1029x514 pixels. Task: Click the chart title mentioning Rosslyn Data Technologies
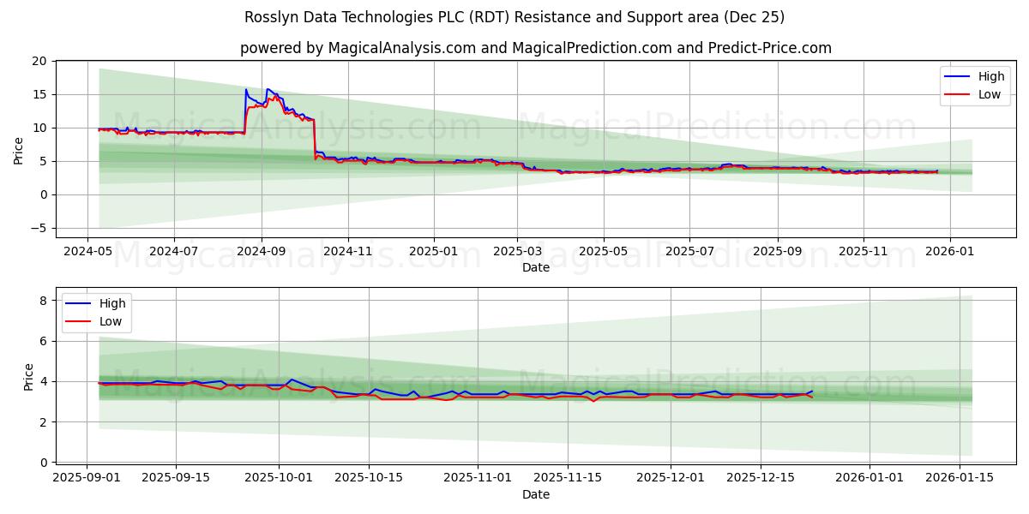coord(514,17)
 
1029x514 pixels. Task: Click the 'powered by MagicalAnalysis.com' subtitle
coord(535,48)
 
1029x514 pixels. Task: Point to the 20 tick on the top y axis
coord(39,61)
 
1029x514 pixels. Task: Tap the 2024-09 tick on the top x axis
coord(261,251)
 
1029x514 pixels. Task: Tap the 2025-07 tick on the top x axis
coord(690,251)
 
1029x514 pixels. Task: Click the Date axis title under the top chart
coord(535,267)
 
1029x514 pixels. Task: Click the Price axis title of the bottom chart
coord(28,377)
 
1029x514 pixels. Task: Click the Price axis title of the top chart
coord(19,150)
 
